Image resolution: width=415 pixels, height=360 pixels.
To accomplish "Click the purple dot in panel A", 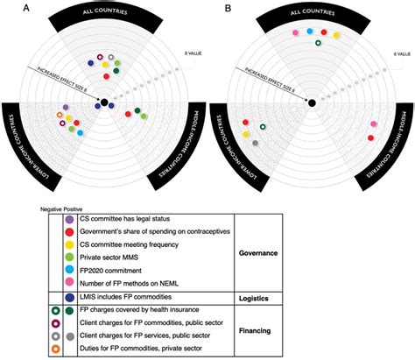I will (67, 107).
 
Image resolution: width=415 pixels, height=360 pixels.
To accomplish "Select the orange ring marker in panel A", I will (60, 115).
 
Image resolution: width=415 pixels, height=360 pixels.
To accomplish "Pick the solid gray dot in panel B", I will (255, 142).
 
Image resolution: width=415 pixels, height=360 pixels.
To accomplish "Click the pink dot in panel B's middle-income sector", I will (374, 125).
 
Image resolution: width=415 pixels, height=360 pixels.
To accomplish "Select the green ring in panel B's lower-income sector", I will (262, 128).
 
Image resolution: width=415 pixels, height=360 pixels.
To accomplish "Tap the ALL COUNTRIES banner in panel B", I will (313, 16).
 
